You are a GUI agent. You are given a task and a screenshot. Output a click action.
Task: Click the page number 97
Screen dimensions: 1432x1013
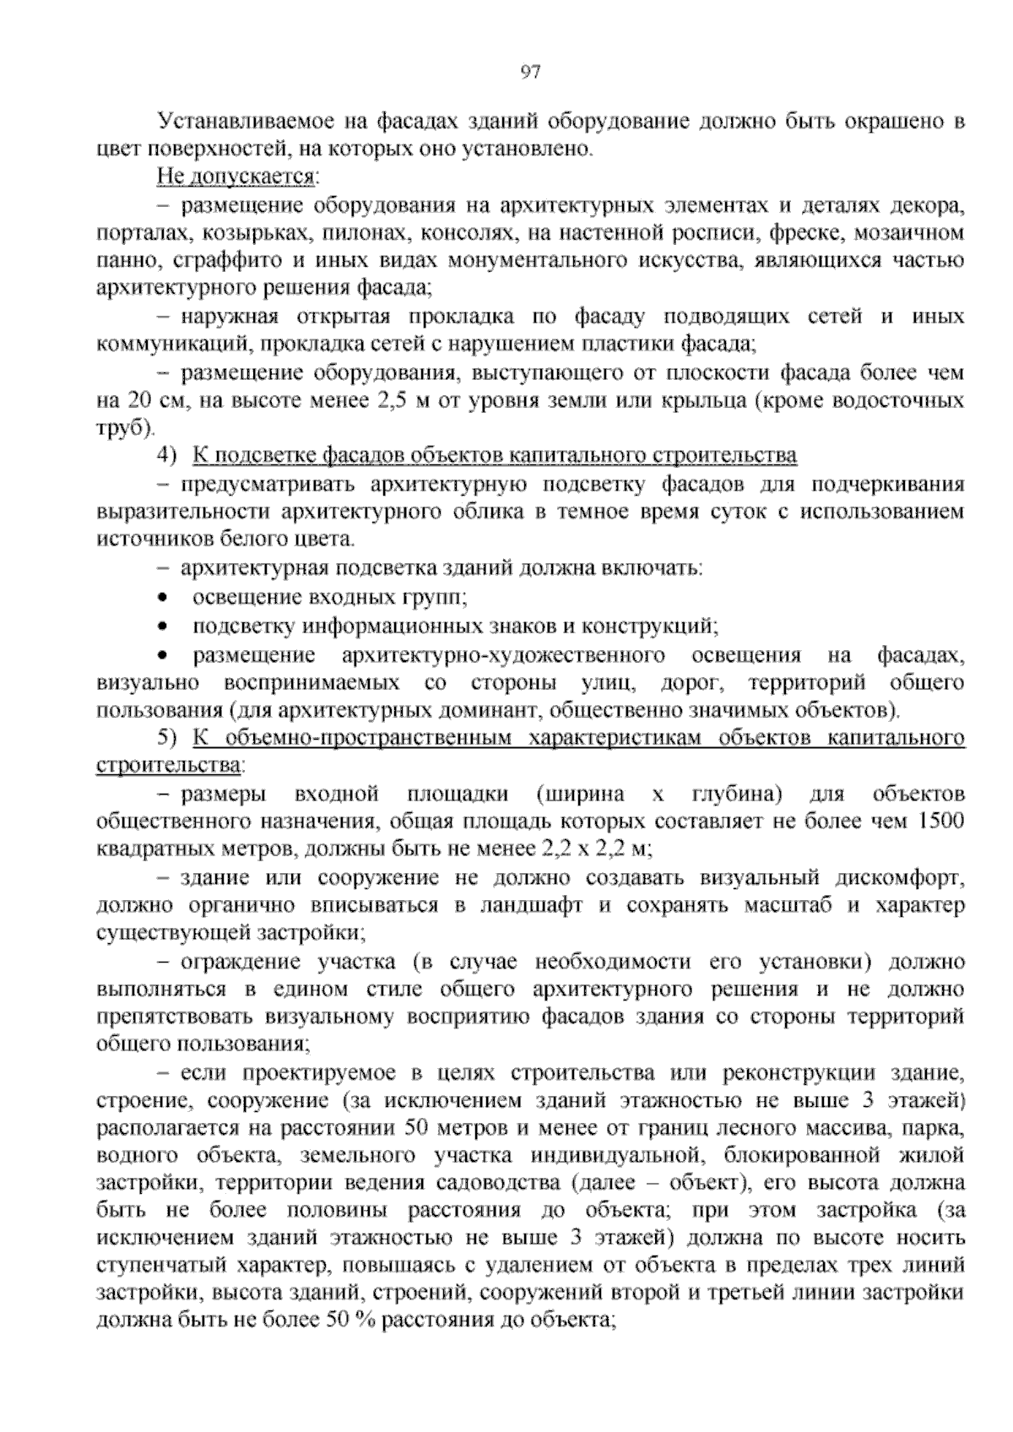(530, 72)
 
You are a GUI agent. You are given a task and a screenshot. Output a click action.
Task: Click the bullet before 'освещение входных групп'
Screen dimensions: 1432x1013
(163, 598)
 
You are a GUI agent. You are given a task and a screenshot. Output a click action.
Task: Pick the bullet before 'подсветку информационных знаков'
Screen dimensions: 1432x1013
(163, 626)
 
